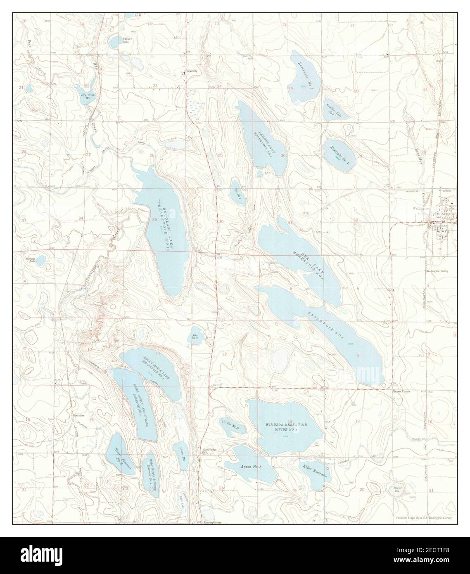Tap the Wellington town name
422,209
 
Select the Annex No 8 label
251,466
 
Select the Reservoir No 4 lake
340,152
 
